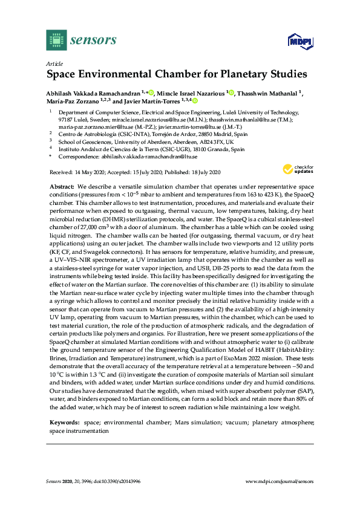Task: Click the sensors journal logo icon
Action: point(55,41)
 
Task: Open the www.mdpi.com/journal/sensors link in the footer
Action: point(279,481)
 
